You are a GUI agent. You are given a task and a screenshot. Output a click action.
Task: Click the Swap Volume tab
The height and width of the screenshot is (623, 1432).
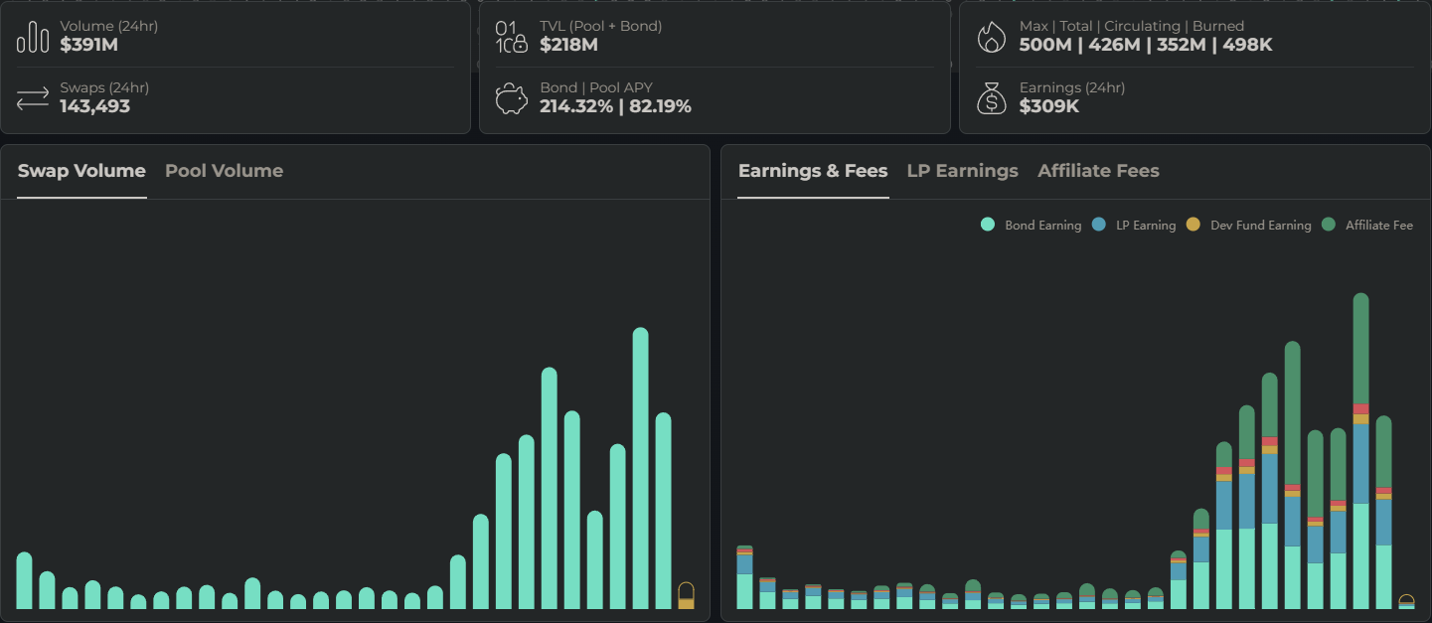[x=81, y=171]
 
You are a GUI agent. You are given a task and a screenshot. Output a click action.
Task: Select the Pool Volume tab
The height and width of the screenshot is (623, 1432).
[x=224, y=171]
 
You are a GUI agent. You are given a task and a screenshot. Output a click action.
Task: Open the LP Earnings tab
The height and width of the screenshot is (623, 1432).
[x=962, y=171]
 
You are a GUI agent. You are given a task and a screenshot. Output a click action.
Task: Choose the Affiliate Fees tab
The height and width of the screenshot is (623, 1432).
[x=1098, y=171]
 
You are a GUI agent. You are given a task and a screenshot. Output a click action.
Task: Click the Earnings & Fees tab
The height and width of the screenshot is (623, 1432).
[x=812, y=171]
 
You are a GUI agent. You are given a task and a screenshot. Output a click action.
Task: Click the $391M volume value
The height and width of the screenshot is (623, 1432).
[x=88, y=45]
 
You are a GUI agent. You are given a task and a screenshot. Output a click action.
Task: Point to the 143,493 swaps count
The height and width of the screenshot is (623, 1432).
[x=94, y=106]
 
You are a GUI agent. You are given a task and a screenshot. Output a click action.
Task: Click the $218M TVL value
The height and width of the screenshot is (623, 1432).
[x=568, y=45]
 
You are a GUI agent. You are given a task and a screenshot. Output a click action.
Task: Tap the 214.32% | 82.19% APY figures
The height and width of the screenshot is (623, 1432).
[x=615, y=106]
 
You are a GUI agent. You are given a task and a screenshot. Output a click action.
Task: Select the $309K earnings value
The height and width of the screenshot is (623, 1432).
[x=1048, y=106]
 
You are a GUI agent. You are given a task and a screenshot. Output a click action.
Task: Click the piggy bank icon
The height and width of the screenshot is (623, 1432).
[x=511, y=98]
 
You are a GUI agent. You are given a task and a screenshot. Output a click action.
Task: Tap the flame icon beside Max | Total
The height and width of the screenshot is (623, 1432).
[x=991, y=37]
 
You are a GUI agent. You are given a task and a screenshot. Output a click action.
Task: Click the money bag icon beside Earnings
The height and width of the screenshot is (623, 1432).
[x=991, y=98]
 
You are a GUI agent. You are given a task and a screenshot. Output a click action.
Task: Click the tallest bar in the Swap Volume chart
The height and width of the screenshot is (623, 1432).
[x=640, y=467]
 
